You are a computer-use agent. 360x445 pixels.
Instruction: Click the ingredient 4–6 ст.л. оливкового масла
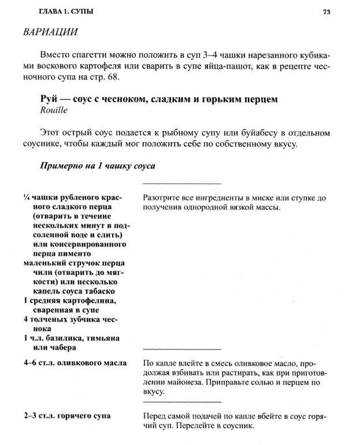tap(75, 362)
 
